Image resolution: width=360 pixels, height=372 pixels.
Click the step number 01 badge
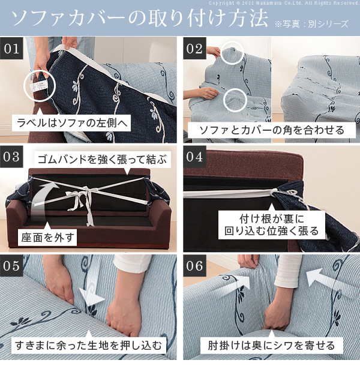[11, 49]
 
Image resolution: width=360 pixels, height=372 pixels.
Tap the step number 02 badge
[194, 49]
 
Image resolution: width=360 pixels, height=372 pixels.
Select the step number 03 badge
[11, 157]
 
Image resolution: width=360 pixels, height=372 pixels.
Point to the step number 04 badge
[194, 157]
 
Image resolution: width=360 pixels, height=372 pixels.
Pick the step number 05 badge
[11, 265]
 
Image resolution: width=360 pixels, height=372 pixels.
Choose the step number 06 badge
[194, 265]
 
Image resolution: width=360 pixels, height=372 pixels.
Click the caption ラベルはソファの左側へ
[72, 123]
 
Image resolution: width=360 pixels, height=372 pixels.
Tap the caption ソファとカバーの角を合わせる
[272, 130]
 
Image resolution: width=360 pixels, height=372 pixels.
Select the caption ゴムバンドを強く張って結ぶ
[102, 159]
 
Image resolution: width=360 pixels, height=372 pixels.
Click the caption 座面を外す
[47, 238]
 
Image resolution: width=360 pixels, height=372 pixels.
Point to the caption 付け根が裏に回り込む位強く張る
[272, 225]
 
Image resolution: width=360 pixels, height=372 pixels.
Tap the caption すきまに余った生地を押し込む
[88, 345]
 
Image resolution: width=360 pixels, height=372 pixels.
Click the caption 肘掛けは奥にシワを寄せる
[271, 346]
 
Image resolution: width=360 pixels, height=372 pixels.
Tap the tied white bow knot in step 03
[82, 197]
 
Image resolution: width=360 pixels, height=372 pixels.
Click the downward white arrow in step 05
[91, 284]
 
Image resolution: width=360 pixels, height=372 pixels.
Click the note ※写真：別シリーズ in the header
[311, 24]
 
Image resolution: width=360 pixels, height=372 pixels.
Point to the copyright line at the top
[284, 3]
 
